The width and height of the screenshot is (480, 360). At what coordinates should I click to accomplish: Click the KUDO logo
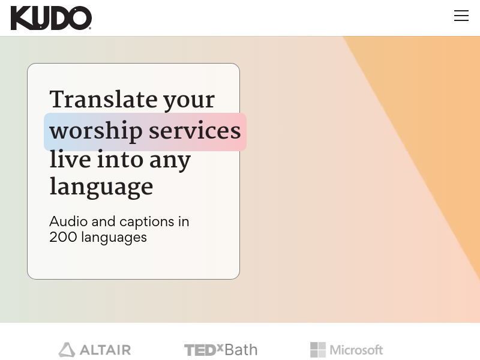coord(51,19)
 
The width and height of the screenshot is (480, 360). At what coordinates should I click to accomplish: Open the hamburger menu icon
coord(461,16)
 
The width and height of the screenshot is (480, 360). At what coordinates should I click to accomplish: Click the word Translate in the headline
coord(103,99)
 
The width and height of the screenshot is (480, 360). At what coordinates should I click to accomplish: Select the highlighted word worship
coord(96,131)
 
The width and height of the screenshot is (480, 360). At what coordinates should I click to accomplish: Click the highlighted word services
coord(194,131)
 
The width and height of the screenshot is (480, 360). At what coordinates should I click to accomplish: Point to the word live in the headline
coord(70,159)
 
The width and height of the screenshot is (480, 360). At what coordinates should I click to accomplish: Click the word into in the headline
coord(120,159)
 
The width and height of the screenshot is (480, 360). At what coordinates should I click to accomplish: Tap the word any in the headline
coord(170,161)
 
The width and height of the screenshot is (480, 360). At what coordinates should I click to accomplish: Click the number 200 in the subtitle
coord(63,237)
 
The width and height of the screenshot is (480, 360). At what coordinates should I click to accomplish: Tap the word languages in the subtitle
coord(114,238)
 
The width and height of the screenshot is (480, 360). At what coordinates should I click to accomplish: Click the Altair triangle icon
coord(67,350)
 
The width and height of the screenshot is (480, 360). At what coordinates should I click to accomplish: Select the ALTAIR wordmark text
coord(106,350)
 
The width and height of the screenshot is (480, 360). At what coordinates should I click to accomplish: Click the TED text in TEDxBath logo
coord(200,350)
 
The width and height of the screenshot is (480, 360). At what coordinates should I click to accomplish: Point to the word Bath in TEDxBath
coord(241,350)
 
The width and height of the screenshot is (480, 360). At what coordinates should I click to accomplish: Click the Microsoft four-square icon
coord(318,350)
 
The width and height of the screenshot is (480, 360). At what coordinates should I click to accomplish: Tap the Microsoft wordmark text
coord(356,350)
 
